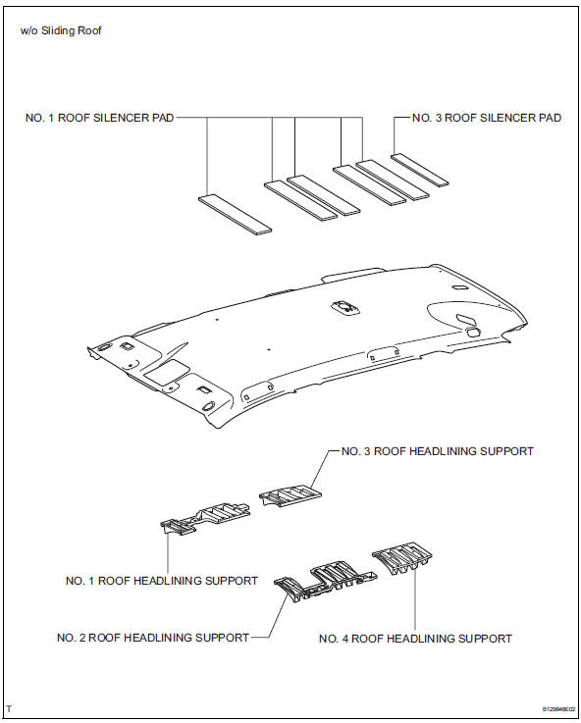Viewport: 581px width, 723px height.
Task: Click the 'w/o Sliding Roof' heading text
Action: (61, 30)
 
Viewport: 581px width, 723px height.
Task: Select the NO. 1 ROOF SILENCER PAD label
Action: (101, 118)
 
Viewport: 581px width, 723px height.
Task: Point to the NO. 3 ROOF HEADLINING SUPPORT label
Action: (437, 451)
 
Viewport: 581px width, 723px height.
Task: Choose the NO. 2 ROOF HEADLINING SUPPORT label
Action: (153, 638)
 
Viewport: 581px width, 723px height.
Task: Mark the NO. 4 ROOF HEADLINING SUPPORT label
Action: (415, 639)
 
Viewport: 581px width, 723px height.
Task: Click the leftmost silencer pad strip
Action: (236, 214)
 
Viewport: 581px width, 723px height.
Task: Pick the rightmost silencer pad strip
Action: (420, 169)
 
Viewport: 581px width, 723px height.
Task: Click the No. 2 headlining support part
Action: (319, 581)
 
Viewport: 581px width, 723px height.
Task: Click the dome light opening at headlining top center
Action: (345, 307)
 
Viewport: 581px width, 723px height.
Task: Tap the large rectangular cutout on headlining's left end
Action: (166, 371)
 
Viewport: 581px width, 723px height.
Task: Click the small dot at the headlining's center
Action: (268, 349)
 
